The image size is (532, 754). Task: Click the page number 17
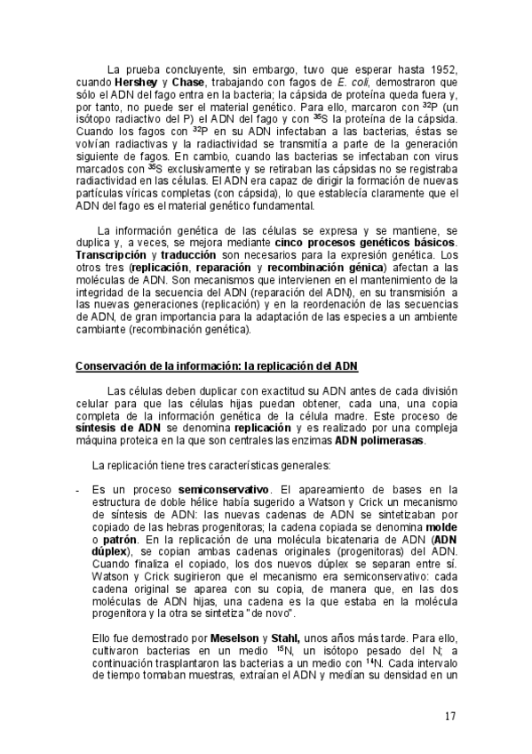pos(450,717)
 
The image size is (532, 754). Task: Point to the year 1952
pos(441,69)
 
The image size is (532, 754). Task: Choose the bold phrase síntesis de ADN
pos(117,427)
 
